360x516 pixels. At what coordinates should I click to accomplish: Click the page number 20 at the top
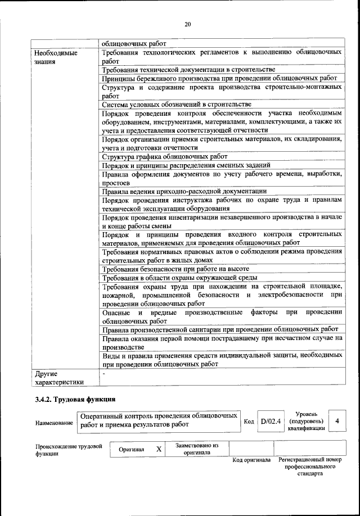188,24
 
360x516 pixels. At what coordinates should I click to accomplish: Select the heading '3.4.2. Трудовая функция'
75,400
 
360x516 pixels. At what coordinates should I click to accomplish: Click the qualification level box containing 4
336,421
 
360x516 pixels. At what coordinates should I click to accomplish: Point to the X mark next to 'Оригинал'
159,450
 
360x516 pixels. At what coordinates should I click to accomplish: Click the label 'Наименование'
54,423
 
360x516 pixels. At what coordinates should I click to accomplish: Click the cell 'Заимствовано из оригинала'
196,449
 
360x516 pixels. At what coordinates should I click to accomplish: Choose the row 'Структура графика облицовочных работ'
164,157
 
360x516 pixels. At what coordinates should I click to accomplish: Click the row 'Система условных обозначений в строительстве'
176,104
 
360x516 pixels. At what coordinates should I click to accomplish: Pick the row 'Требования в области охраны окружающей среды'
180,278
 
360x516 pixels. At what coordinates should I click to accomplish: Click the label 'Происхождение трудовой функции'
68,450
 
